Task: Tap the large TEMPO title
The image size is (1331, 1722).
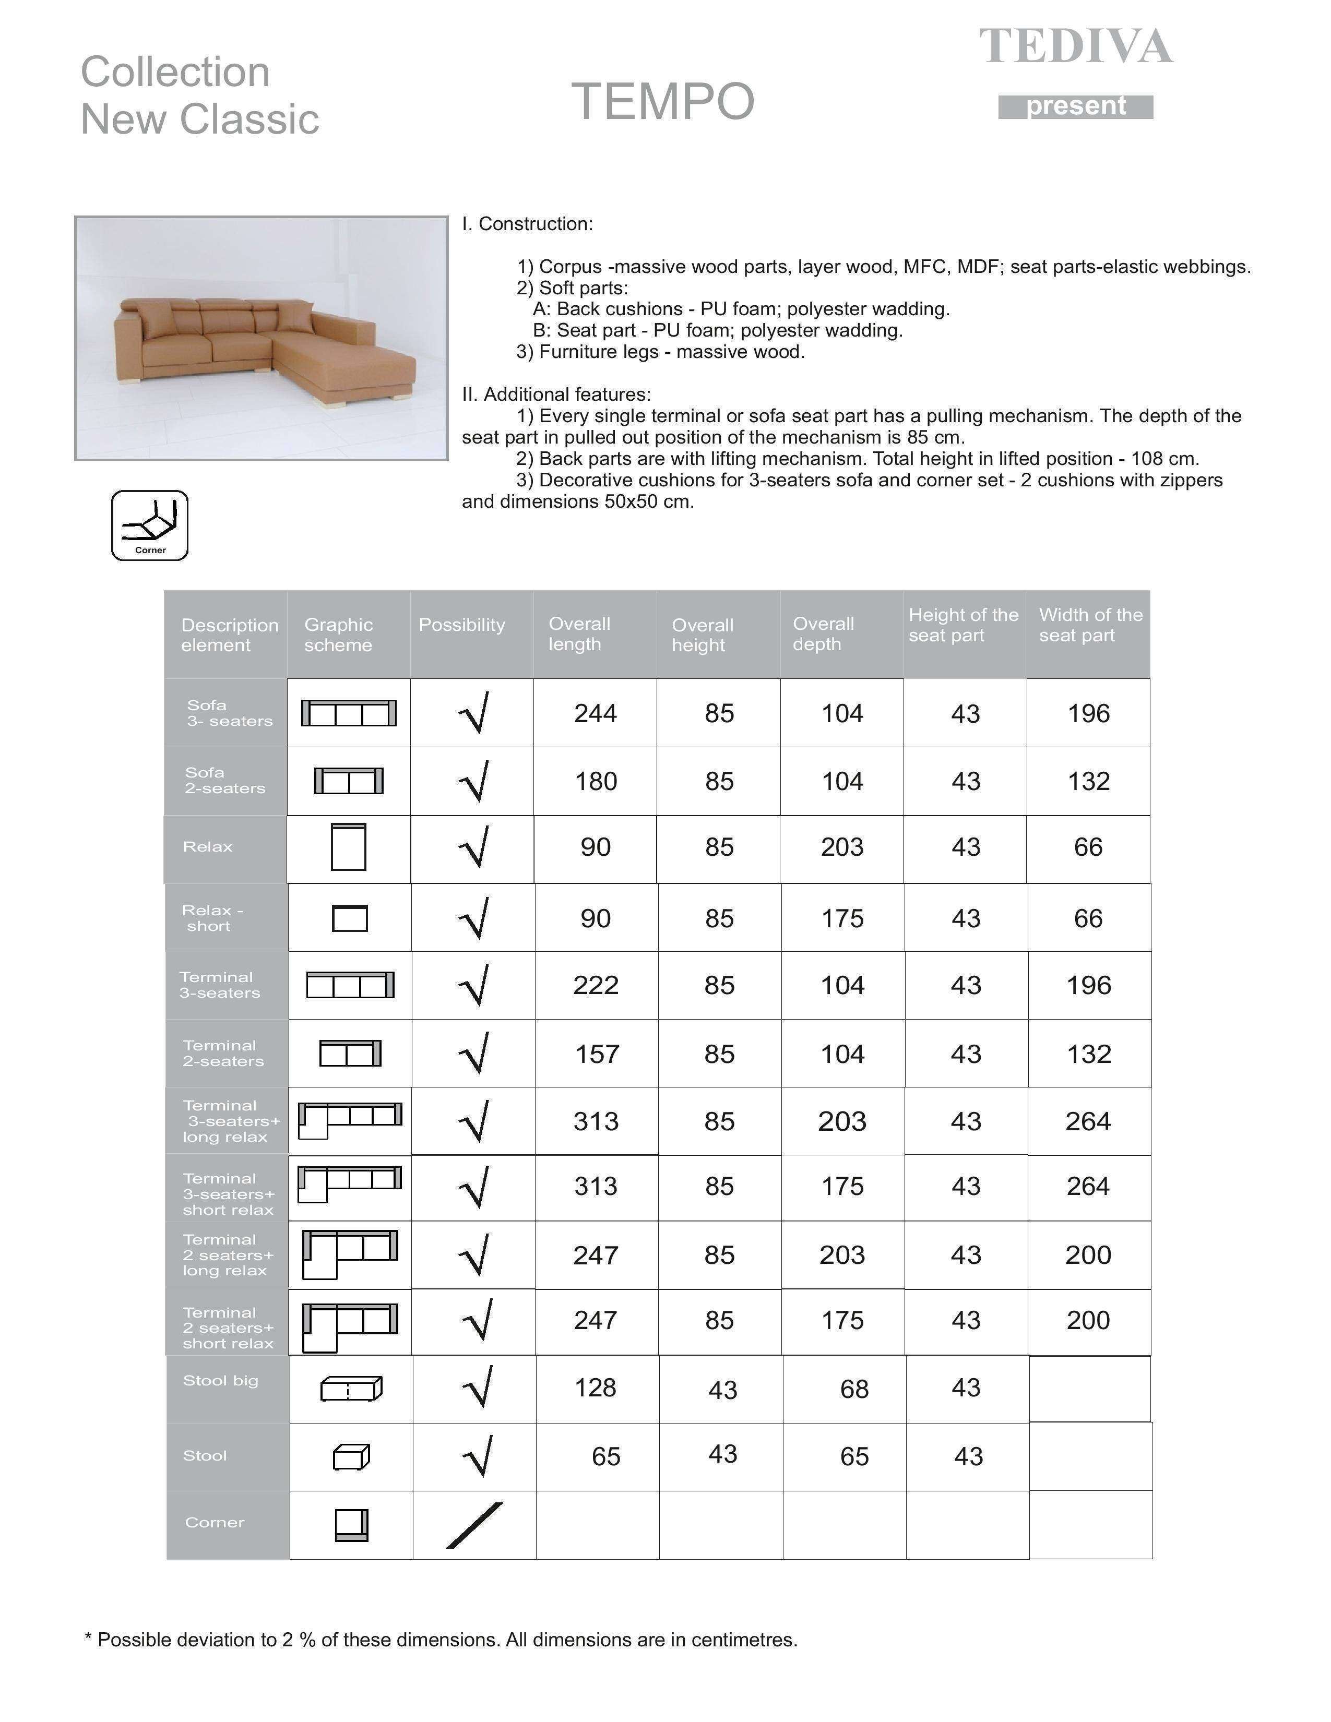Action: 662,102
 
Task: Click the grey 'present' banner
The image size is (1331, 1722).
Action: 1076,106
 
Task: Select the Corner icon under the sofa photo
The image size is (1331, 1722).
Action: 150,525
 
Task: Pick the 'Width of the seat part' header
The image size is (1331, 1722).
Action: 1090,625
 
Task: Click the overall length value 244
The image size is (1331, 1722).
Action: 596,713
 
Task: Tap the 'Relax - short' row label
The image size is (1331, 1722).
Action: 211,918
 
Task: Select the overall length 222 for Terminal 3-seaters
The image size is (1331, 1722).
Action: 596,986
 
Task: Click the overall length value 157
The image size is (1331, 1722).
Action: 597,1054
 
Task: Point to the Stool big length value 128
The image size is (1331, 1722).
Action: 596,1388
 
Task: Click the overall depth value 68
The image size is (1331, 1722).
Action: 854,1389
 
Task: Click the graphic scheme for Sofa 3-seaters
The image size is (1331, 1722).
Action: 349,713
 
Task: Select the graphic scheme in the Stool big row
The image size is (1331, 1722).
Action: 351,1389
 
